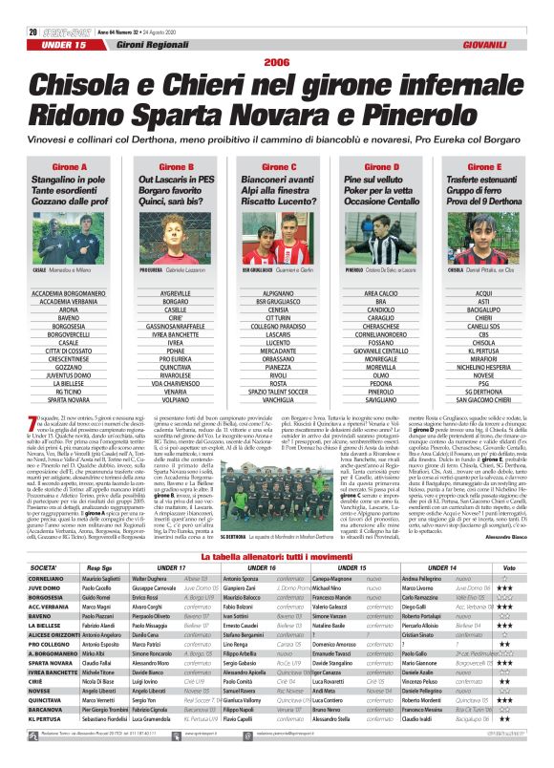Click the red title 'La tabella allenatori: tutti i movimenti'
pyautogui.click(x=277, y=555)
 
